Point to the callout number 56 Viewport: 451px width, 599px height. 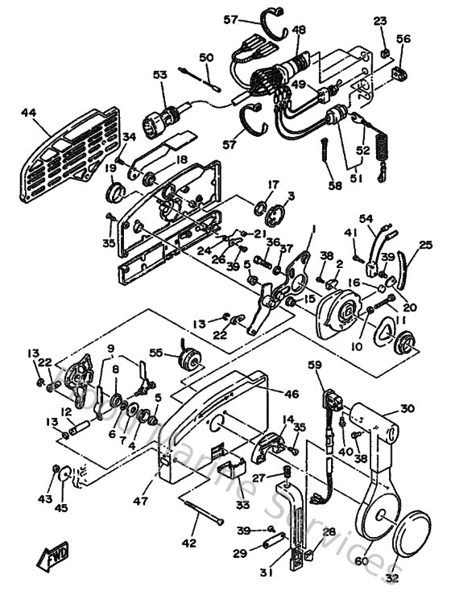tap(403, 39)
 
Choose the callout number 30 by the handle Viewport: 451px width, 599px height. tap(408, 408)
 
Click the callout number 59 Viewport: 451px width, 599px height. tap(315, 366)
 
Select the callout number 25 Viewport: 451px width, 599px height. tap(425, 244)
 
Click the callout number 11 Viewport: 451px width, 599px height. tap(399, 320)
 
